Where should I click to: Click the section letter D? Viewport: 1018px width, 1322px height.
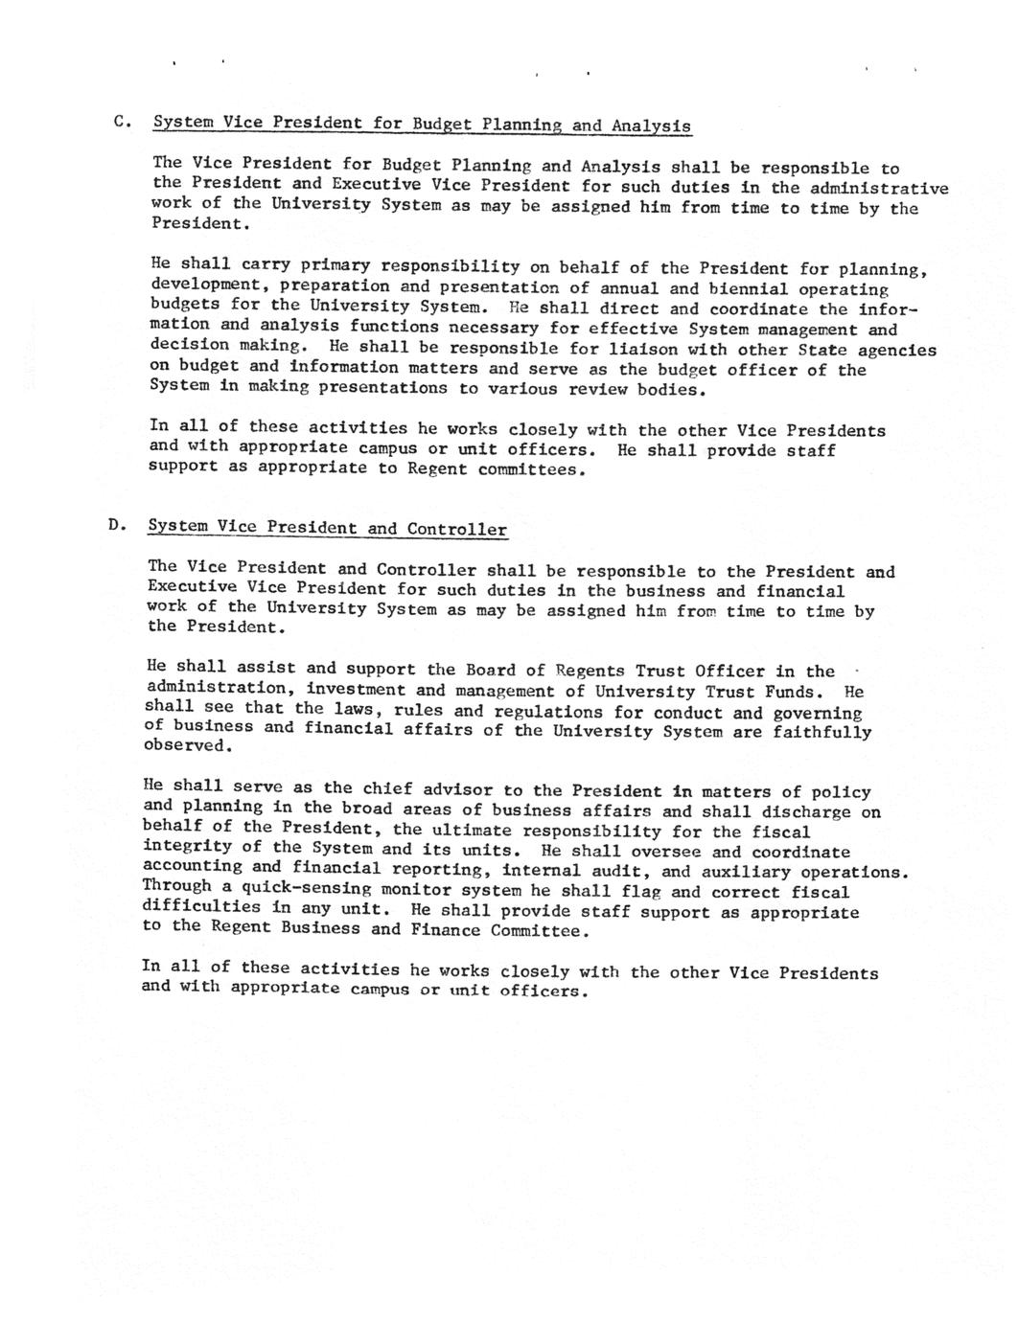click(x=116, y=524)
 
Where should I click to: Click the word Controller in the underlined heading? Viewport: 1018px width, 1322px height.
click(x=456, y=529)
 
